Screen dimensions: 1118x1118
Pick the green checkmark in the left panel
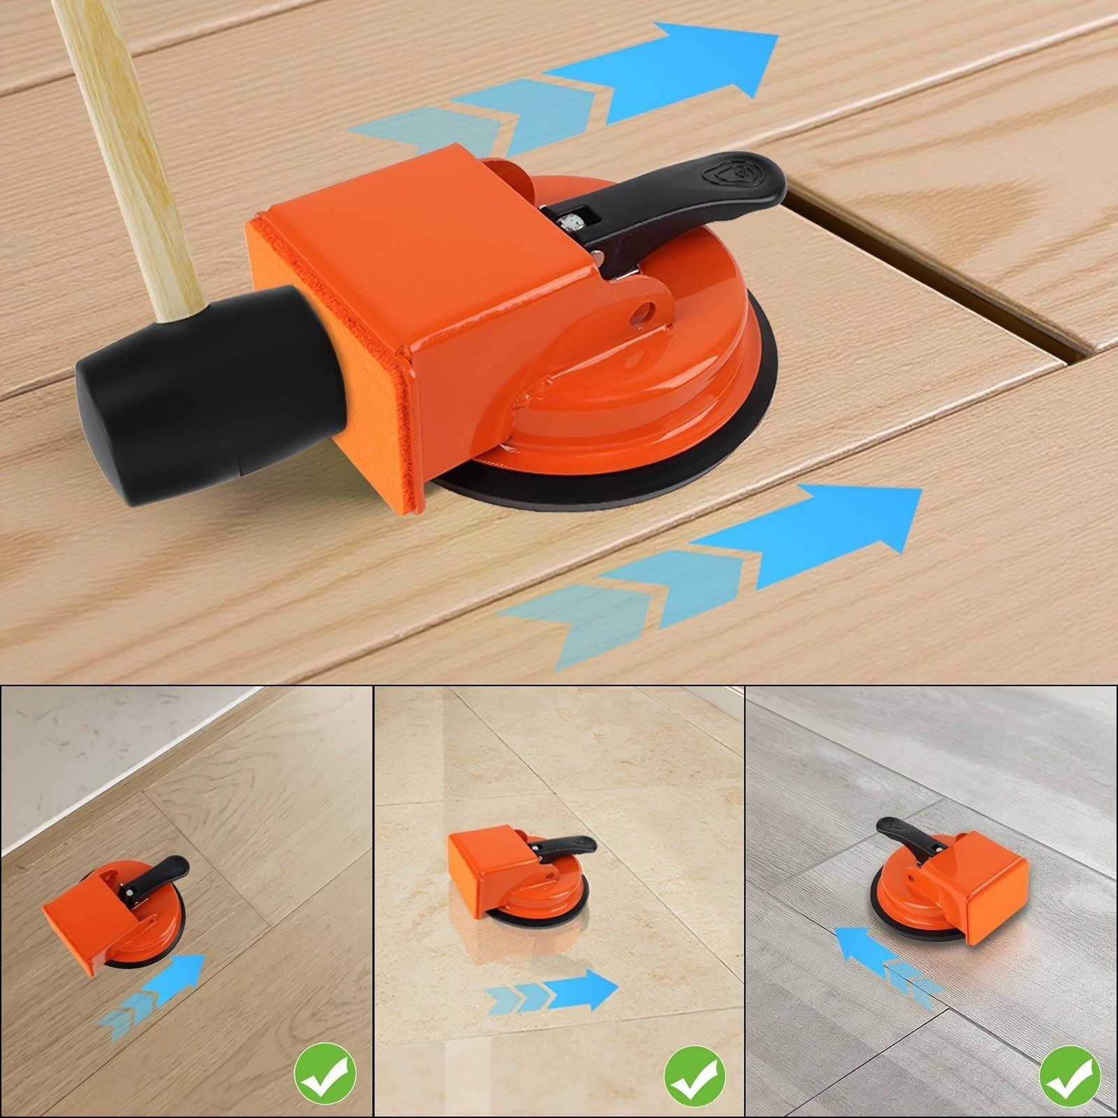pos(324,1073)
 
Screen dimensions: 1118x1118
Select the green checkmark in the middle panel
pos(695,1073)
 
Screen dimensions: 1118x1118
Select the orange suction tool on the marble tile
pos(510,873)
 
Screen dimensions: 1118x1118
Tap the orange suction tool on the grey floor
pos(950,880)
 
